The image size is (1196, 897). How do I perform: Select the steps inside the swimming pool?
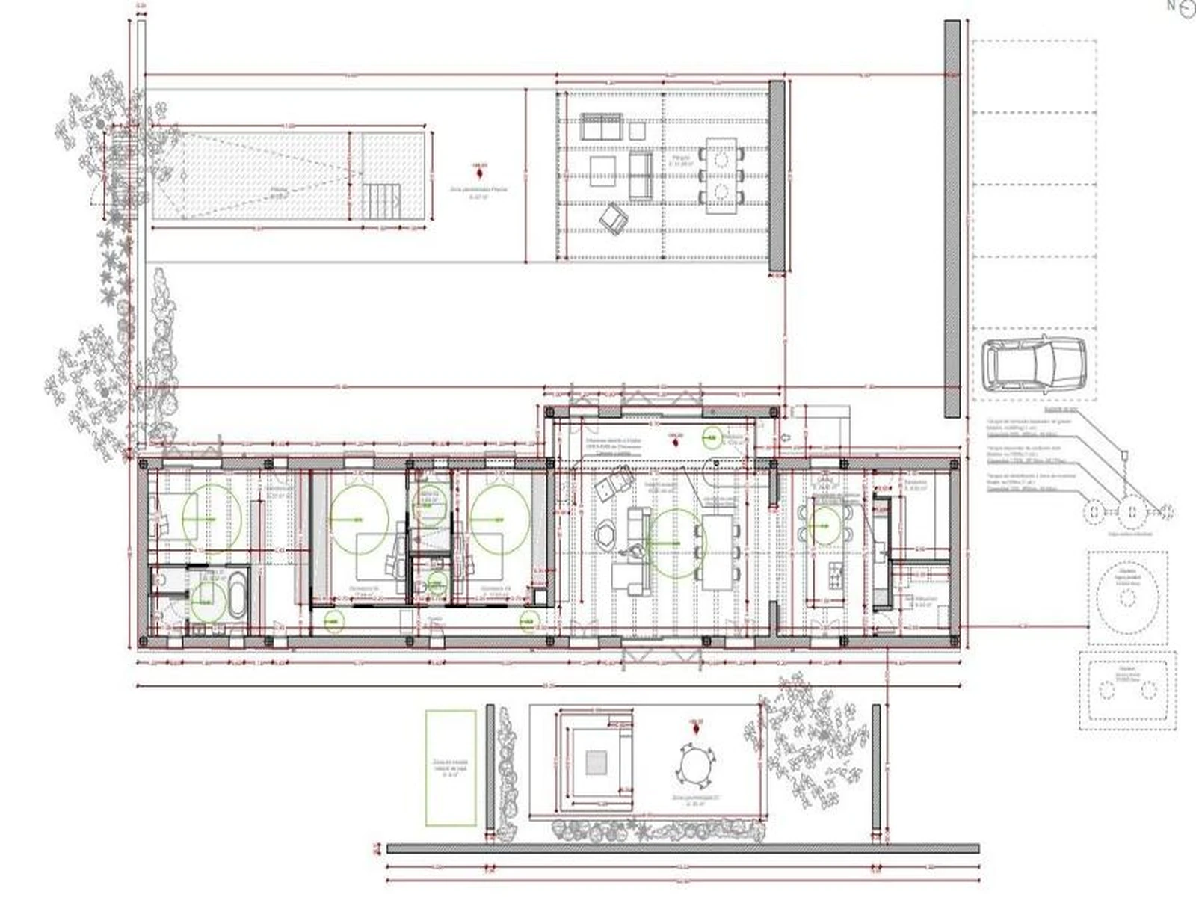click(x=381, y=200)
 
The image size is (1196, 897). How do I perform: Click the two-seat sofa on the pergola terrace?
click(x=601, y=127)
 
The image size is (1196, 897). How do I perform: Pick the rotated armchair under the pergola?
click(x=614, y=218)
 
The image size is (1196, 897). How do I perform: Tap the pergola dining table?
click(x=721, y=176)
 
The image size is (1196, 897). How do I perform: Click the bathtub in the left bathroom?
click(x=237, y=594)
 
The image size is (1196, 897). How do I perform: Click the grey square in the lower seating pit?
click(x=596, y=762)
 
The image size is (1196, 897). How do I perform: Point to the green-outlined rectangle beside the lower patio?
click(x=451, y=768)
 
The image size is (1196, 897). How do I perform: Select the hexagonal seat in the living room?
click(x=604, y=535)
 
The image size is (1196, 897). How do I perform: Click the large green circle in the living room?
click(x=676, y=543)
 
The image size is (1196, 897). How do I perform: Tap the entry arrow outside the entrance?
click(x=787, y=438)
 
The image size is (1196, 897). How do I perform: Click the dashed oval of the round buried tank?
click(x=1127, y=594)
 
